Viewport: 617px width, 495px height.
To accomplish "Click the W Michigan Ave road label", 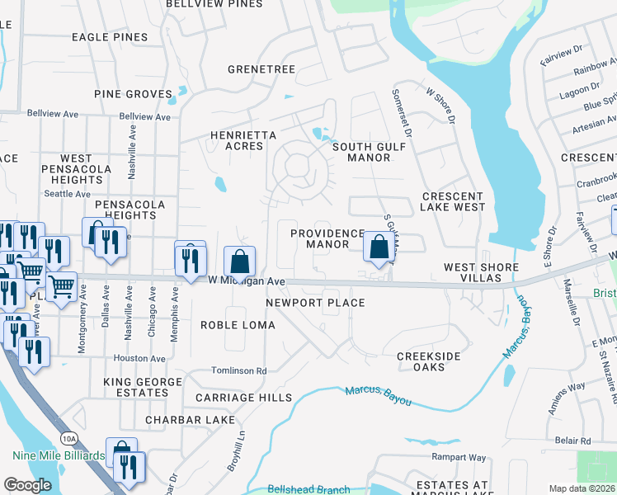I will (246, 282).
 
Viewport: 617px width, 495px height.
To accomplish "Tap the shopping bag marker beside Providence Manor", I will (378, 247).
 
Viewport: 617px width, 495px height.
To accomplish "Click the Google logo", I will (27, 485).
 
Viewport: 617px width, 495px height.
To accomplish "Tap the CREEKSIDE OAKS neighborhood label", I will (427, 364).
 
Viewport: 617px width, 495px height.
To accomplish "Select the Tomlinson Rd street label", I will (238, 371).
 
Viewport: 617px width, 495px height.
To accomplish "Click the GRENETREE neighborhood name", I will (261, 69).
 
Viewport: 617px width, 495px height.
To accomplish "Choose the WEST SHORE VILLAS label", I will (481, 273).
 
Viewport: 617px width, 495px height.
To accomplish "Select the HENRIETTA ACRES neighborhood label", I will (236, 140).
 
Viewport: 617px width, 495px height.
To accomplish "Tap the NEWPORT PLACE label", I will (315, 303).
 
